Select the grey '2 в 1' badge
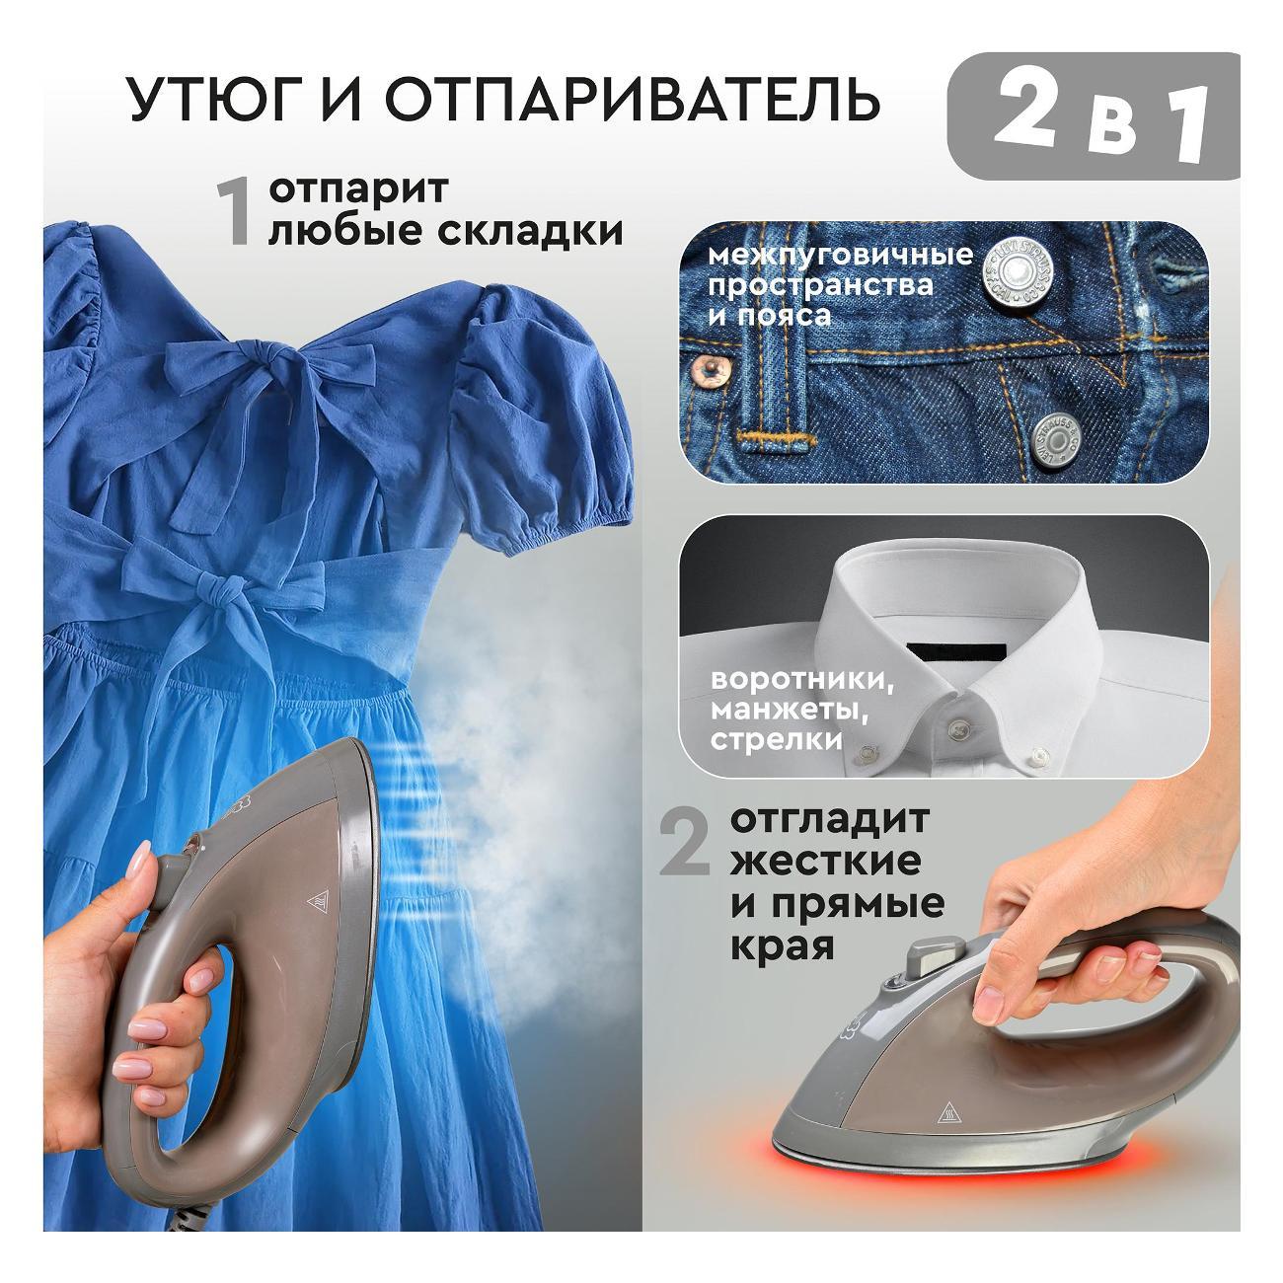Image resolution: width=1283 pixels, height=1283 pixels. [x=1093, y=115]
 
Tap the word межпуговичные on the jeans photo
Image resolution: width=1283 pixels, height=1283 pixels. [x=840, y=255]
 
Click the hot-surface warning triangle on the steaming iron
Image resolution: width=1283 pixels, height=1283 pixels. [x=318, y=901]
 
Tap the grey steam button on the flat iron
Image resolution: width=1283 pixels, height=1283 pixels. [x=939, y=953]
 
